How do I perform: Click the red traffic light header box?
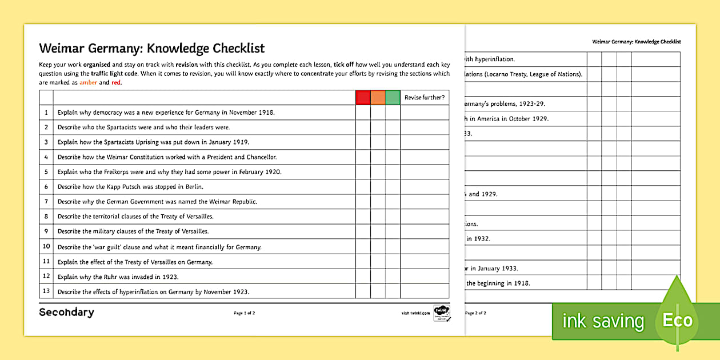[363, 98]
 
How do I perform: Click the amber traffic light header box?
[378, 98]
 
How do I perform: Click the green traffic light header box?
[393, 98]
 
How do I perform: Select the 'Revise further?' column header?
[424, 98]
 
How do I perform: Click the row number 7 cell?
[46, 202]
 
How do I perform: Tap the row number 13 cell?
[46, 291]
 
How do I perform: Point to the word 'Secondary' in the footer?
[66, 312]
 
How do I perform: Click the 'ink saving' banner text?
[603, 321]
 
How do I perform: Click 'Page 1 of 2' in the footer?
[245, 313]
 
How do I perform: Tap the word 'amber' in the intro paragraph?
[88, 83]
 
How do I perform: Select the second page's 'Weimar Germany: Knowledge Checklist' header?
[637, 42]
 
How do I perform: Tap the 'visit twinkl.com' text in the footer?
[415, 313]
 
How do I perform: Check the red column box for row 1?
[363, 113]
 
